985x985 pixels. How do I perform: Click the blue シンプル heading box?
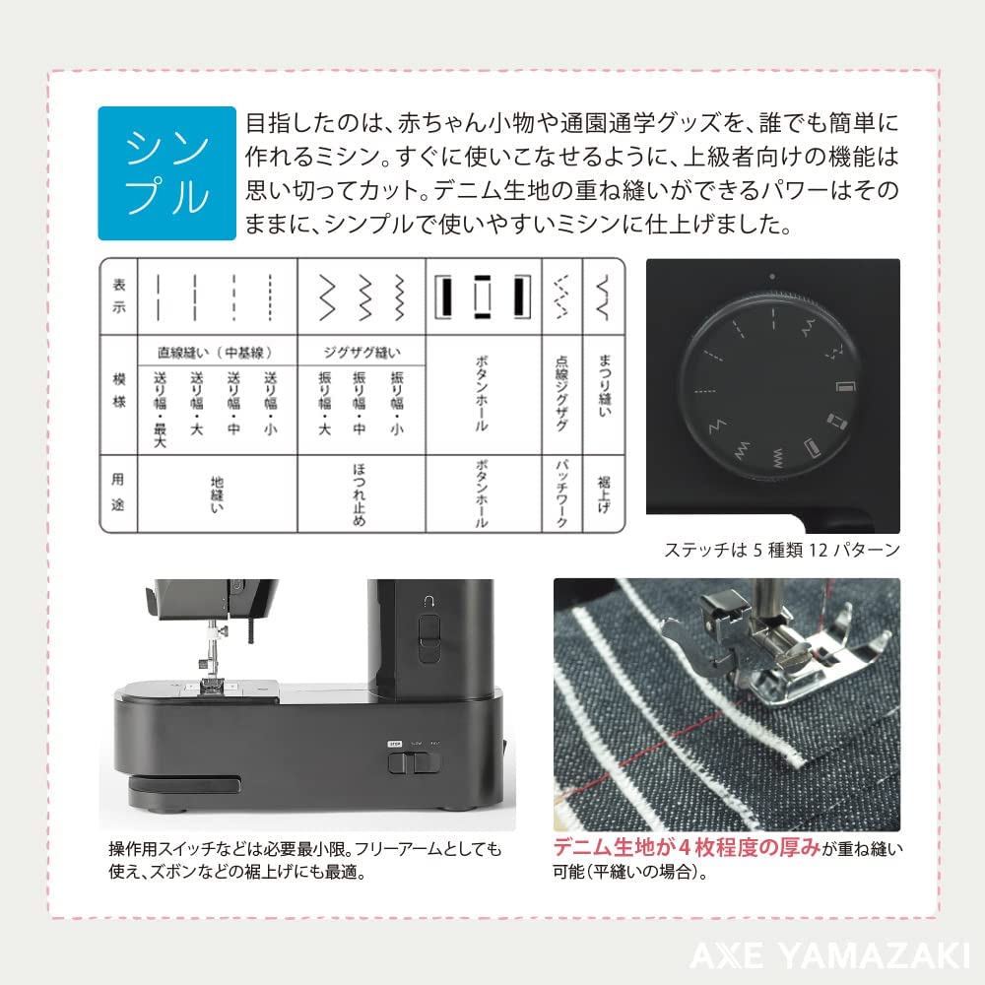pyautogui.click(x=167, y=173)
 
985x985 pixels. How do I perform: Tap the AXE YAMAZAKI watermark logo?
pyautogui.click(x=829, y=954)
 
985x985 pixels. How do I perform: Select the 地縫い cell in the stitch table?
pyautogui.click(x=217, y=494)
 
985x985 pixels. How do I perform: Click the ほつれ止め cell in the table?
pyautogui.click(x=359, y=494)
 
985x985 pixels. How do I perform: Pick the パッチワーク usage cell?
pyautogui.click(x=561, y=494)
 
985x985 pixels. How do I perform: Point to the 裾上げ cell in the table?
pyautogui.click(x=604, y=494)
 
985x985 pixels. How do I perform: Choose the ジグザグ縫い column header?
pyautogui.click(x=361, y=353)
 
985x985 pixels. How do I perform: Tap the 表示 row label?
pyautogui.click(x=119, y=295)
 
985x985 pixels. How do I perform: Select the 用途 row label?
pyautogui.click(x=118, y=492)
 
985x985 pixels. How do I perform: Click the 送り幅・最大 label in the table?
pyautogui.click(x=161, y=409)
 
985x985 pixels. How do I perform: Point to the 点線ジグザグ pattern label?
pyautogui.click(x=561, y=393)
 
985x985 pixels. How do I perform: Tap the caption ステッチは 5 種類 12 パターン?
pyautogui.click(x=782, y=551)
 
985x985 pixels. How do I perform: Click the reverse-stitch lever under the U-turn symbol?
pyautogui.click(x=429, y=637)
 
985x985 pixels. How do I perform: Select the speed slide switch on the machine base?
pyautogui.click(x=414, y=762)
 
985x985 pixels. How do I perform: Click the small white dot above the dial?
pyautogui.click(x=772, y=277)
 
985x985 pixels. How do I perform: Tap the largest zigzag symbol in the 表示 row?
pyautogui.click(x=327, y=297)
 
